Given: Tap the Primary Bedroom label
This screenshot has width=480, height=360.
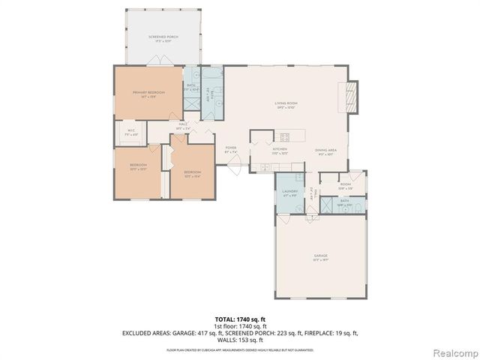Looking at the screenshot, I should tap(148, 94).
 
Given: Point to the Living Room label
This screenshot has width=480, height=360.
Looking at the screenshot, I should tap(286, 106).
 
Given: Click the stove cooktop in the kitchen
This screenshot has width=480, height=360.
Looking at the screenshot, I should tap(283, 136).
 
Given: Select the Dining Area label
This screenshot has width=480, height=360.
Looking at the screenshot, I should tap(325, 151).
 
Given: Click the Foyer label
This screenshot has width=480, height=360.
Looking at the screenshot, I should tap(231, 149).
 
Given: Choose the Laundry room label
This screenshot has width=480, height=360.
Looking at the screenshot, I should tap(290, 192).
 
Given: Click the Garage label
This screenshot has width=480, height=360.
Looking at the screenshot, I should tap(321, 256).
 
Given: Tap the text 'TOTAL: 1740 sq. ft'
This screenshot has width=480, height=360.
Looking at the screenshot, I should tap(239, 319).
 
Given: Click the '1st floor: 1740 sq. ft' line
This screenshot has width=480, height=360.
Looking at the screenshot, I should tap(239, 326).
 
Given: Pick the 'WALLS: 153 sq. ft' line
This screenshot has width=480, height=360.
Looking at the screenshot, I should tap(239, 339).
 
